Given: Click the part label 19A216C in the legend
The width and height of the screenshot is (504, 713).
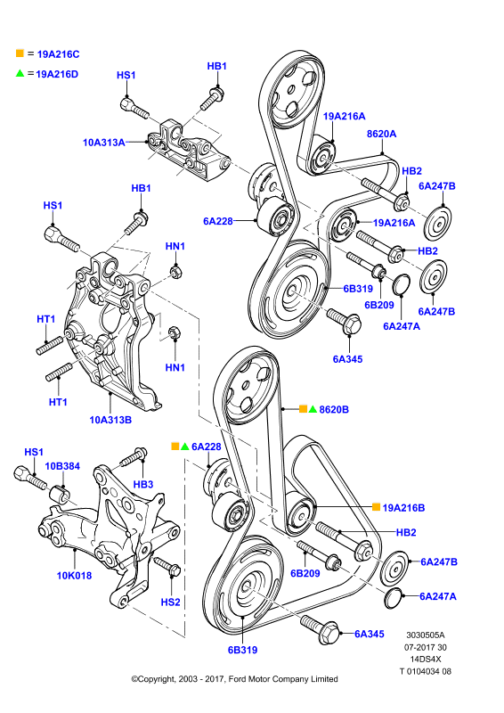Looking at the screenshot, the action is (x=58, y=54).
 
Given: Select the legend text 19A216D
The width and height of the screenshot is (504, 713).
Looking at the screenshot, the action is (x=57, y=74).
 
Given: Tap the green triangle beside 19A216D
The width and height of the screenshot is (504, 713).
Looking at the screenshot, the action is (x=20, y=73).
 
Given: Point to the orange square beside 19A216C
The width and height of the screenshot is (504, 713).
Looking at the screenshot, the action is (x=20, y=53).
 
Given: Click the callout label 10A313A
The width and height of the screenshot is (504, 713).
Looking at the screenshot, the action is (x=103, y=143).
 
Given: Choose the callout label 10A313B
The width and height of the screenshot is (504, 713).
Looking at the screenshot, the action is (x=110, y=420).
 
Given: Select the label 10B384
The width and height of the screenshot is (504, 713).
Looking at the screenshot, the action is (x=62, y=466).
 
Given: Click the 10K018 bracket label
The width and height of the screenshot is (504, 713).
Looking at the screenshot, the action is (x=74, y=576).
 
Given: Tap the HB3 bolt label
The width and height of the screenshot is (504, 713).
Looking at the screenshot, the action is (x=143, y=485).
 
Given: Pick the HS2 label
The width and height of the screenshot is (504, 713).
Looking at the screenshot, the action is (x=170, y=602).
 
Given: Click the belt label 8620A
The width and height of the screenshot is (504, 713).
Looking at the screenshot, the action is (x=382, y=134).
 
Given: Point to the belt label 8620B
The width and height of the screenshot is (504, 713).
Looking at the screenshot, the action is (x=334, y=409).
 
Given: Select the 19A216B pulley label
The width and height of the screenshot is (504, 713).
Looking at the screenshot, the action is (x=403, y=508).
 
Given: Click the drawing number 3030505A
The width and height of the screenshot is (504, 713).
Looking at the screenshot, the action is (x=426, y=635).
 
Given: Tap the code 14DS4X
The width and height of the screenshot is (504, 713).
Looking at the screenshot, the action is (x=426, y=659).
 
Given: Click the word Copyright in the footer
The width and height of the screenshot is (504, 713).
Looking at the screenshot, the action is (x=157, y=679).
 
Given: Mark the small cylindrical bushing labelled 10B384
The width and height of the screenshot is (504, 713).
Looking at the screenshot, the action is (x=61, y=495).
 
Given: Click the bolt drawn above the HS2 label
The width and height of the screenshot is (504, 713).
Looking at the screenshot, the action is (x=167, y=564).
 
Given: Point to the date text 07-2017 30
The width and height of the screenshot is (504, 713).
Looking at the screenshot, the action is (x=426, y=647).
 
